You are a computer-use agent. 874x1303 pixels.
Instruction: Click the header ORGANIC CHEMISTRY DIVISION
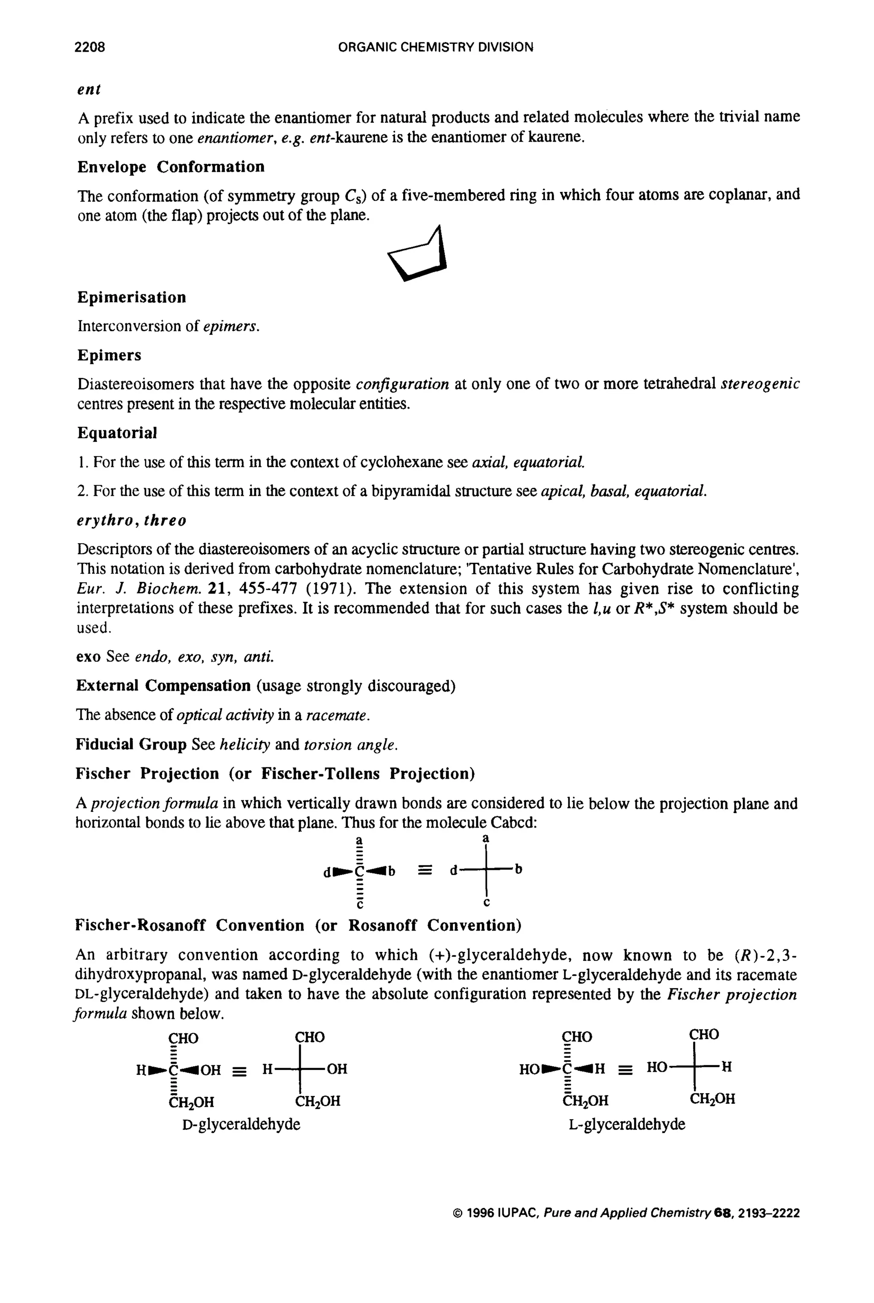(436, 47)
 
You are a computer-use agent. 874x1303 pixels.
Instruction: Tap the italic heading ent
(89, 89)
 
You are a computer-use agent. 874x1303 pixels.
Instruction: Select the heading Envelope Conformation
(171, 167)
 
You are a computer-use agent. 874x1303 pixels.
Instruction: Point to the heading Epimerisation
(131, 297)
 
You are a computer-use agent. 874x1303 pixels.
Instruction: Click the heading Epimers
(109, 355)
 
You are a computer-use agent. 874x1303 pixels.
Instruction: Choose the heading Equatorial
(117, 433)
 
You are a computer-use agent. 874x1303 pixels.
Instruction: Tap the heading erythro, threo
(131, 520)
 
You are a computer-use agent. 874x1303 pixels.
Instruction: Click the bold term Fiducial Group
(131, 744)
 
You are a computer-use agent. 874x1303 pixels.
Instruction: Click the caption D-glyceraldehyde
(241, 1124)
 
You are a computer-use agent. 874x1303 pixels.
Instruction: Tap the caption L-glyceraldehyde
(626, 1124)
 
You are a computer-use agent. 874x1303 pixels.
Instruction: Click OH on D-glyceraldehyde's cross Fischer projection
(337, 1069)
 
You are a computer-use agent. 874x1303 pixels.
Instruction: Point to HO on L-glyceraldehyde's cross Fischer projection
(657, 1067)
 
